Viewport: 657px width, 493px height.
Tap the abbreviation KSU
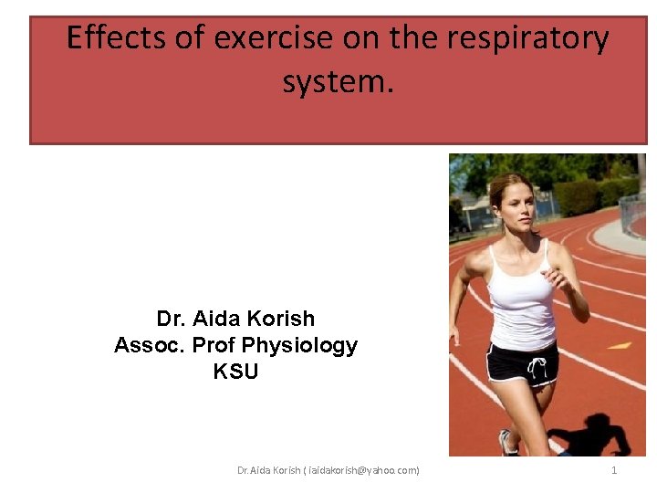click(235, 372)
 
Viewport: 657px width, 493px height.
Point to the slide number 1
click(614, 470)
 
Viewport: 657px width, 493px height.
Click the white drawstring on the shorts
click(537, 367)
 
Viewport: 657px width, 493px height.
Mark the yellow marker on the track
click(620, 345)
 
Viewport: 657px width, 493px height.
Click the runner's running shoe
click(507, 444)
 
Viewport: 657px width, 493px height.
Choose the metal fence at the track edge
click(632, 215)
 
